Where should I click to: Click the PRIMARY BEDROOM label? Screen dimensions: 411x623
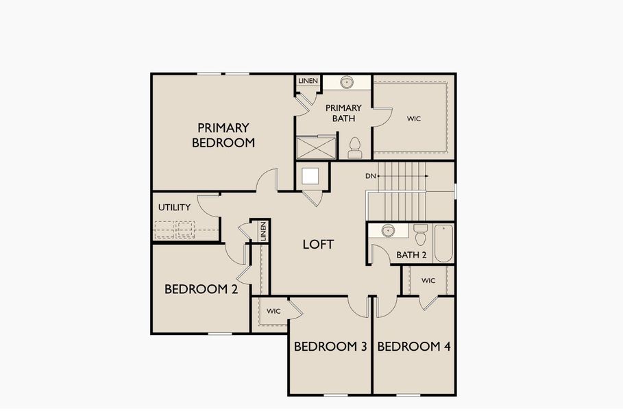click(223, 135)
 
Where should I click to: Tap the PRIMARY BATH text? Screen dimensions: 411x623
click(343, 113)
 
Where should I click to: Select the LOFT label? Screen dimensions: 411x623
click(318, 244)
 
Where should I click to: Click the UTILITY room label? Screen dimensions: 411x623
click(174, 208)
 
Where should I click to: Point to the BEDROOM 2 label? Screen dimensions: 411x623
click(201, 289)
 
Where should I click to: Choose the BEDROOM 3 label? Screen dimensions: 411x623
click(330, 347)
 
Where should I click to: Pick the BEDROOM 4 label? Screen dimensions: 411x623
click(414, 347)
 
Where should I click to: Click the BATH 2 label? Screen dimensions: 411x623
click(411, 256)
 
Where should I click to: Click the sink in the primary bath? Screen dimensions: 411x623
click(347, 83)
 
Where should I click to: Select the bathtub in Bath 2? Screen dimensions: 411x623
click(443, 243)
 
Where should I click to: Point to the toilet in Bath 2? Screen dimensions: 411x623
click(420, 235)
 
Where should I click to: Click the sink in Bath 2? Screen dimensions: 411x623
click(388, 231)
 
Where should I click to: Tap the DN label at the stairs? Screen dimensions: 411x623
click(371, 176)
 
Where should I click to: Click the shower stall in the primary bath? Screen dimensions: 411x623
click(316, 147)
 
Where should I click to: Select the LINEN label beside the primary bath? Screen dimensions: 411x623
click(308, 82)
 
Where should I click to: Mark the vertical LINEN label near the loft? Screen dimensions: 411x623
click(262, 232)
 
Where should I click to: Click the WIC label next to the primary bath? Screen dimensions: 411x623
click(413, 119)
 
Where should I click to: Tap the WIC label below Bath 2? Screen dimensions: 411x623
click(428, 280)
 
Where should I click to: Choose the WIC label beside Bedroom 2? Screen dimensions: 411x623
click(273, 311)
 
